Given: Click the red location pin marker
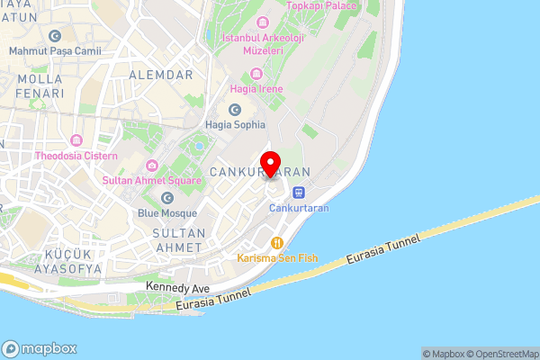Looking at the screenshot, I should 270,162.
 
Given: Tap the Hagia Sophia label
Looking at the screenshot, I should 235,125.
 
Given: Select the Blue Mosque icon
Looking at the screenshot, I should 166,198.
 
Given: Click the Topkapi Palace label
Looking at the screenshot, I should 321,5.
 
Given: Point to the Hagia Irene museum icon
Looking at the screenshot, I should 257,73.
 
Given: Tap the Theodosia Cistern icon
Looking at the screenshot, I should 76,140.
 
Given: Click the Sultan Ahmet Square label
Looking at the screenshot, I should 151,180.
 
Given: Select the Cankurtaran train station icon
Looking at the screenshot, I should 298,192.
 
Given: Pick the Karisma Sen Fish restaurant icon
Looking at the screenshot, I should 277,242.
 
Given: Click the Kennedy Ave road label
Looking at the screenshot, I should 177,288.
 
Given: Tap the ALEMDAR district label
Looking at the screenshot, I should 162,73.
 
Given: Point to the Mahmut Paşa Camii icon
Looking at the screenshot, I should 56,36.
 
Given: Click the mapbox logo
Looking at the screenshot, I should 40,348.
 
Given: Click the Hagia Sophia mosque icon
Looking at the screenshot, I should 235,109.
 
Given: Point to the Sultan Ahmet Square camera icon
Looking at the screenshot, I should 152,165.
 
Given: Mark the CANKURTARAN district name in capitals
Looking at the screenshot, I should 259,171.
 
